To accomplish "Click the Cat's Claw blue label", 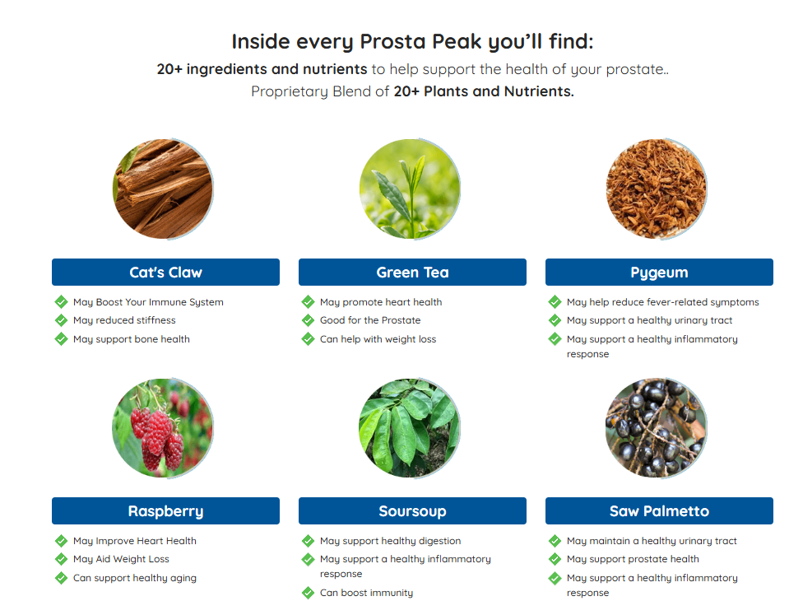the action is point(165,272).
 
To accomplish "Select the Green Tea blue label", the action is point(412,272).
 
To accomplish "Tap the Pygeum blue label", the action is point(659,272).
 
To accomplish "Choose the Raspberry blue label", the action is point(165,510).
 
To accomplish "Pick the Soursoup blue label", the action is point(412,510).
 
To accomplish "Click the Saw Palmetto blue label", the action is point(659,510).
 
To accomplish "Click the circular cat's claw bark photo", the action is point(163,189).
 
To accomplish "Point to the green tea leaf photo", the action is point(410,189).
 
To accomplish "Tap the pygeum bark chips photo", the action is point(657,189).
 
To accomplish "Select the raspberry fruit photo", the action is point(163,427).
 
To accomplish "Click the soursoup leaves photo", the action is point(410,427).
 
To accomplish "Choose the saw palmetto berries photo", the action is point(657,427).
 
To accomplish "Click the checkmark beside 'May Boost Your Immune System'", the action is point(62,301).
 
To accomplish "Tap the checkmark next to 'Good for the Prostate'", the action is point(308,319).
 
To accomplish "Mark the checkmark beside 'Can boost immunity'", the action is point(308,593).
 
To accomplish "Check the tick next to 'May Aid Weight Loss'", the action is point(62,558).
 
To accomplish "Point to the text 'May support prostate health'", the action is point(633,559).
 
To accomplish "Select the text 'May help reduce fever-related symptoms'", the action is point(662,302).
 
